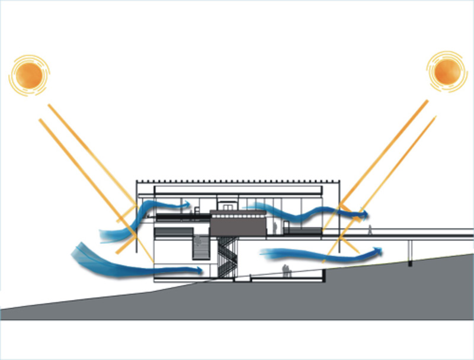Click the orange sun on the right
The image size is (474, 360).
pyautogui.click(x=446, y=70)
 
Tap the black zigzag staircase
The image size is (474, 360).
pyautogui.click(x=226, y=258)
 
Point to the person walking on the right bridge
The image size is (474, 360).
pyautogui.click(x=370, y=229)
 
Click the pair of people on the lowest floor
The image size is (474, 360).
pyautogui.click(x=286, y=271)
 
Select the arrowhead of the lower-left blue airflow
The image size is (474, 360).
pyautogui.click(x=200, y=271)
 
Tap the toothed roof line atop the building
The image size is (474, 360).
pyautogui.click(x=237, y=179)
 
